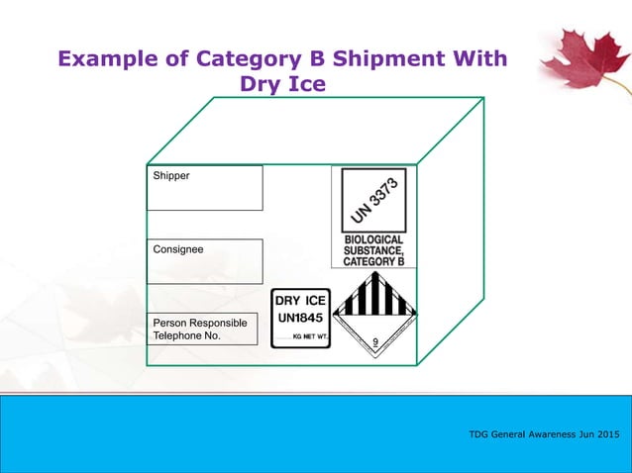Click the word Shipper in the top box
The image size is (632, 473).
click(x=171, y=176)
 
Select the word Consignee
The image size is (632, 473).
click(x=178, y=249)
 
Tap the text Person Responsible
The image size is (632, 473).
click(x=199, y=323)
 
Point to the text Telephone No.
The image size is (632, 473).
click(x=187, y=336)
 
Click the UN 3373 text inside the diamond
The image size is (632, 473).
click(x=373, y=201)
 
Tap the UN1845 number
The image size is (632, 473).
click(x=300, y=319)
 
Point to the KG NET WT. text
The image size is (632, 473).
click(x=309, y=337)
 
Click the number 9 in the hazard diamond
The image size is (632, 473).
click(x=374, y=343)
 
